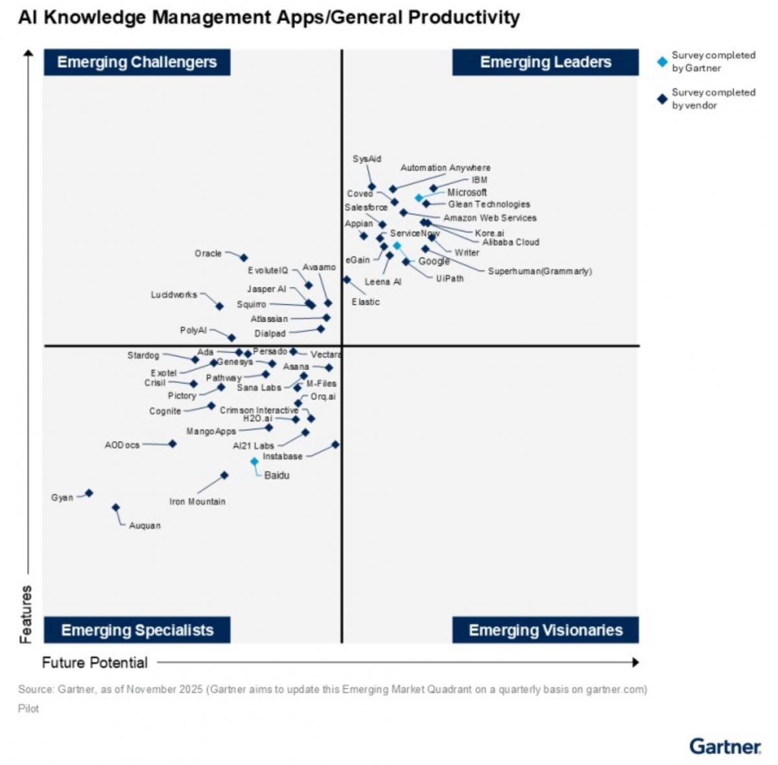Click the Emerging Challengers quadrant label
(137, 62)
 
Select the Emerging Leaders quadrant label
(545, 62)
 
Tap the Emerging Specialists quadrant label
(137, 630)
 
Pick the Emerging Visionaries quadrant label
(545, 630)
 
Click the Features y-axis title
(25, 614)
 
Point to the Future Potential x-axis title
(95, 663)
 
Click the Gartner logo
(725, 746)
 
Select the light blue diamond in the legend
(662, 62)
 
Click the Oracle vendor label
(208, 253)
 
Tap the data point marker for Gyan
(89, 493)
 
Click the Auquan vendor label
(145, 525)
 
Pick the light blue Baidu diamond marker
(255, 462)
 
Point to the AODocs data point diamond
(172, 444)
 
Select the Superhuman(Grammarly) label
(539, 271)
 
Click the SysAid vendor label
(367, 159)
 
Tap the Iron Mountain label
(197, 501)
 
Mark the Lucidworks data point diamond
(220, 306)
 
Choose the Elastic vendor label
(366, 302)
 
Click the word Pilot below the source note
(29, 709)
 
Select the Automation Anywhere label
(445, 168)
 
